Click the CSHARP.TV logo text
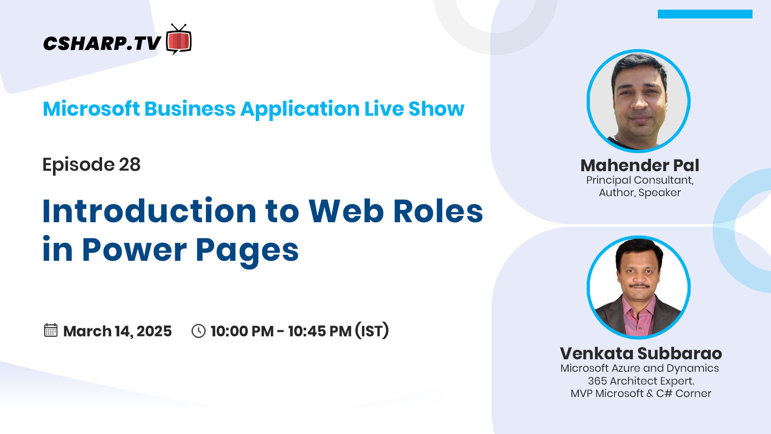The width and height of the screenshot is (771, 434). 102,43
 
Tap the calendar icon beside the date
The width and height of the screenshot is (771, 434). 51,330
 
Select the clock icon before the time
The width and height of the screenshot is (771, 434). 198,331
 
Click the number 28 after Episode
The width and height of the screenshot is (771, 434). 130,164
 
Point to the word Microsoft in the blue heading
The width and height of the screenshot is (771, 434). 91,109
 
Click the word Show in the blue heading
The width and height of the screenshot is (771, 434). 436,109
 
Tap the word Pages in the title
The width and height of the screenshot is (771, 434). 247,251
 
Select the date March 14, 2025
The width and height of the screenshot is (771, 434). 117,331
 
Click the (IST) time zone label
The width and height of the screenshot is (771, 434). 372,330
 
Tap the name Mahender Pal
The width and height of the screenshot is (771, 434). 640,165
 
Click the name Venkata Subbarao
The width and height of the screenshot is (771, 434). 641,353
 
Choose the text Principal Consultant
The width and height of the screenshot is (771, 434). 640,180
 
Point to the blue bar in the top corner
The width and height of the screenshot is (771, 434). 705,14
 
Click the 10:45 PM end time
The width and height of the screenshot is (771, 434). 320,331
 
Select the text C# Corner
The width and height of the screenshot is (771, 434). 683,393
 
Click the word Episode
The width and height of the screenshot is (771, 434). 78,165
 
